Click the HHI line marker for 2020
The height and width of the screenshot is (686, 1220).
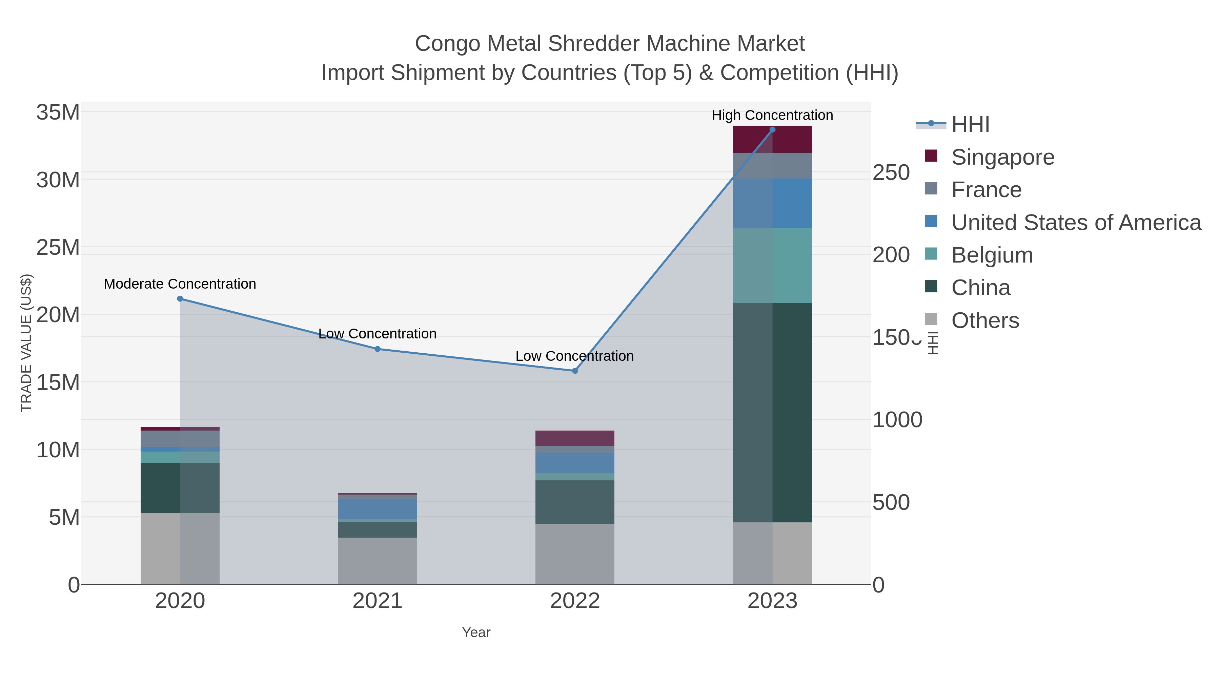[180, 299]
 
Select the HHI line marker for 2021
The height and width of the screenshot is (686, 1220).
[378, 349]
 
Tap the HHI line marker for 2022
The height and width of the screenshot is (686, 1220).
[575, 371]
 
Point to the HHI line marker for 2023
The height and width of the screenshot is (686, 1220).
[772, 130]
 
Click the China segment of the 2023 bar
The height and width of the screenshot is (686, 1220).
[772, 412]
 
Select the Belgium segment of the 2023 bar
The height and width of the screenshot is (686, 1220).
[772, 265]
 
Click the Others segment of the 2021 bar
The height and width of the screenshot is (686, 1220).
[378, 561]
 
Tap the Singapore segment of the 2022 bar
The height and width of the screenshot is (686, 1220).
[575, 438]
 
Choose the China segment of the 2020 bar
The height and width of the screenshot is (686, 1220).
[180, 487]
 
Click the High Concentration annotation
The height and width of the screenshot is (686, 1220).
[772, 115]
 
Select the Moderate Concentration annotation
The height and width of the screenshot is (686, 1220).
[180, 284]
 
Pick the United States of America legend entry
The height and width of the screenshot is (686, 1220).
[1076, 223]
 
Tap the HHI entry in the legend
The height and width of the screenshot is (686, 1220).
[970, 125]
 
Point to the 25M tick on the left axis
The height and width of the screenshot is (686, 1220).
[58, 248]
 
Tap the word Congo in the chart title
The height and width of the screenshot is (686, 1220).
[448, 44]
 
